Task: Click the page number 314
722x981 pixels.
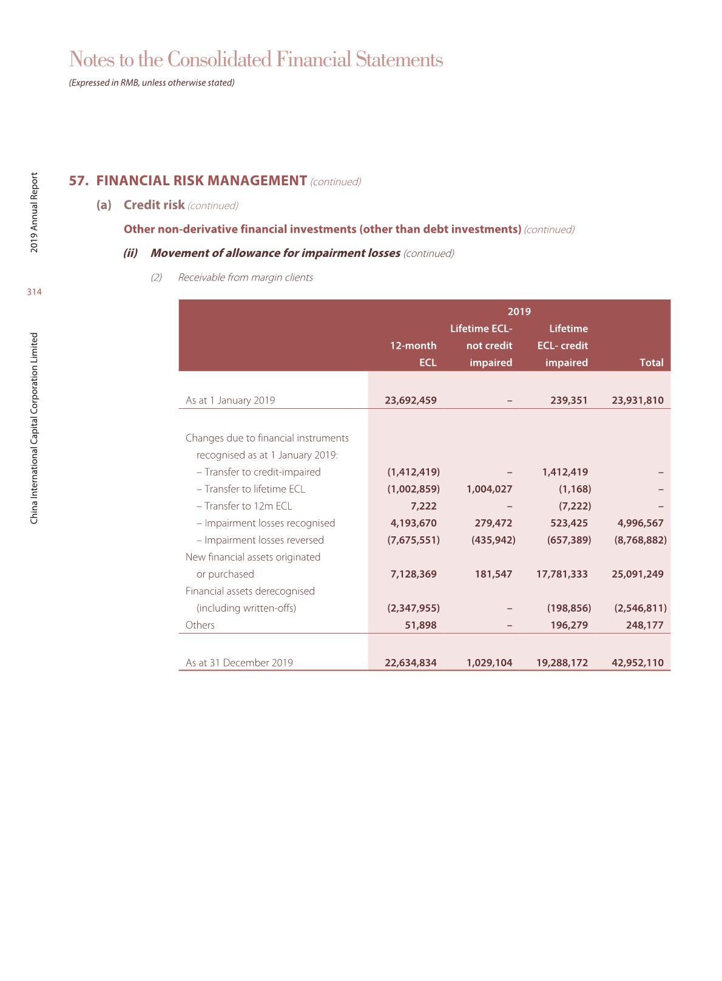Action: (35, 292)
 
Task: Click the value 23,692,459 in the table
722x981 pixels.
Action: (411, 400)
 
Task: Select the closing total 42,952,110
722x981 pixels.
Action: (638, 663)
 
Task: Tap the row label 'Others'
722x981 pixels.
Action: (200, 625)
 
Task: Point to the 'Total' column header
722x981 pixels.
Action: (651, 363)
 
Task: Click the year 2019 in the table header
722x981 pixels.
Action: (519, 312)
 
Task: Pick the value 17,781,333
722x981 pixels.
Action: (562, 574)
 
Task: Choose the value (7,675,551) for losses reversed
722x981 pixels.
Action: (413, 540)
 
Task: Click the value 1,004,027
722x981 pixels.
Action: (489, 489)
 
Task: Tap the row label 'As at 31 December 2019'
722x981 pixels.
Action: (239, 663)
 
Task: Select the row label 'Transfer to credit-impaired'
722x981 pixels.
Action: (262, 472)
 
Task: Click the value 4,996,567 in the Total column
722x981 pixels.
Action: (640, 523)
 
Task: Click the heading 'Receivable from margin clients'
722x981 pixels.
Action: (246, 278)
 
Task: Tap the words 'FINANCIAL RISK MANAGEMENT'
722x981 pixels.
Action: (201, 181)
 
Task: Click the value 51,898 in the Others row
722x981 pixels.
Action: (420, 625)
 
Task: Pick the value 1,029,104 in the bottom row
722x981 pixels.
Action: (489, 663)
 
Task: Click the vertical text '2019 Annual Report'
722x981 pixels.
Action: (35, 213)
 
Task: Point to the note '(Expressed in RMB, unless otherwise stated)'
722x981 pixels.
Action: (152, 83)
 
